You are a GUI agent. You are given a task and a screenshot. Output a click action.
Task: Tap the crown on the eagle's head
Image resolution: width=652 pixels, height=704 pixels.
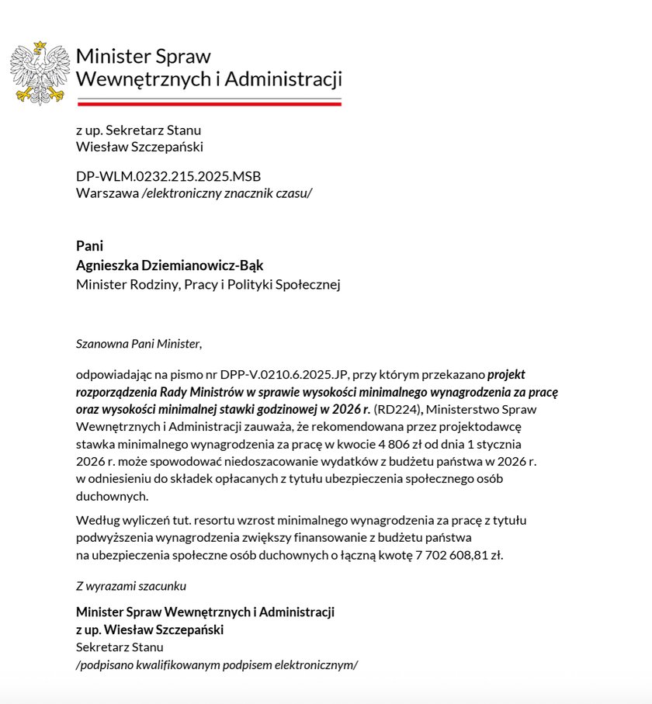point(39,46)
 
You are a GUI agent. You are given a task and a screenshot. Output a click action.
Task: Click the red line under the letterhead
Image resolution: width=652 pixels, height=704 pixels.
point(209,103)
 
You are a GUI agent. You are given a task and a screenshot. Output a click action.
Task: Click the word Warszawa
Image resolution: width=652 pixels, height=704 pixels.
point(107,192)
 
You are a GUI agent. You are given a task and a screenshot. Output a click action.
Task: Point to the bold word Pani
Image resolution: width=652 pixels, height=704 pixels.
point(89,245)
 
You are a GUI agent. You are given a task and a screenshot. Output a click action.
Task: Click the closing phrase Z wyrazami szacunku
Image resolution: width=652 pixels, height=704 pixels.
point(131,586)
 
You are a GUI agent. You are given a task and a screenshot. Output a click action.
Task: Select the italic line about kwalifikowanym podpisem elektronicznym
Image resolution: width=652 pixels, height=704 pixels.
point(217,664)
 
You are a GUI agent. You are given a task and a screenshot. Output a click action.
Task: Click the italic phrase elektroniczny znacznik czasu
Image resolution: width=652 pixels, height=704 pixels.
point(227,192)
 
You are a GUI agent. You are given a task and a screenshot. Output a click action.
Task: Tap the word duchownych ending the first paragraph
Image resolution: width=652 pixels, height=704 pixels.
point(113,495)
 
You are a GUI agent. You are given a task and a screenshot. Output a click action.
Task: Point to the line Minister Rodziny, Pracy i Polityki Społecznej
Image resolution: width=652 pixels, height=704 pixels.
point(208,284)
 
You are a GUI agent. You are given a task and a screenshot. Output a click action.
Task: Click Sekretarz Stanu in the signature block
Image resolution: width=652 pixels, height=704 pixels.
point(120,647)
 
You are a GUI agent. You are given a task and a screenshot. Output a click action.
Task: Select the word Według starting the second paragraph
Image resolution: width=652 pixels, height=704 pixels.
point(96,520)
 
